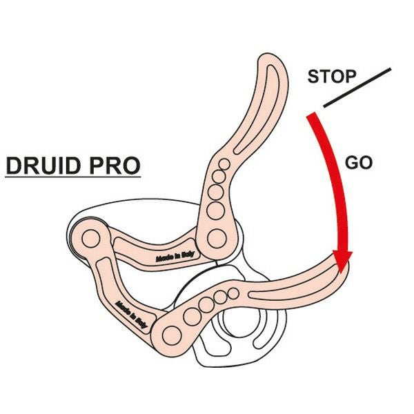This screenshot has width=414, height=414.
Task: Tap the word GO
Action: coord(358,164)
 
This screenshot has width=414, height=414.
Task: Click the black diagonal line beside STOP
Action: coord(357,88)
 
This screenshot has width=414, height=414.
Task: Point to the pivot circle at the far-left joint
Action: coord(90,239)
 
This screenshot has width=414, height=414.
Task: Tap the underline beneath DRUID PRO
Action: coord(72,179)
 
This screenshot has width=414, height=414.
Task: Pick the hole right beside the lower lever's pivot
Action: coord(191,315)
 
